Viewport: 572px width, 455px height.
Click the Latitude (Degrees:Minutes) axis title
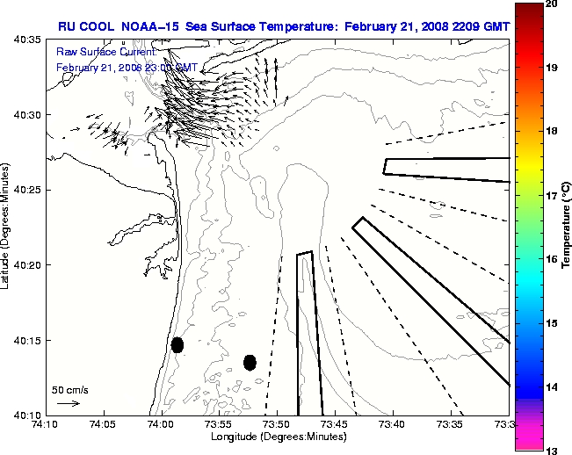(7, 227)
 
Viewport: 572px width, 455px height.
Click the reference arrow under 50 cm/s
(68, 403)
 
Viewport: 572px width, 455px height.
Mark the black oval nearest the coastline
(177, 344)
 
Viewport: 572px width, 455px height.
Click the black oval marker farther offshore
(250, 362)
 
